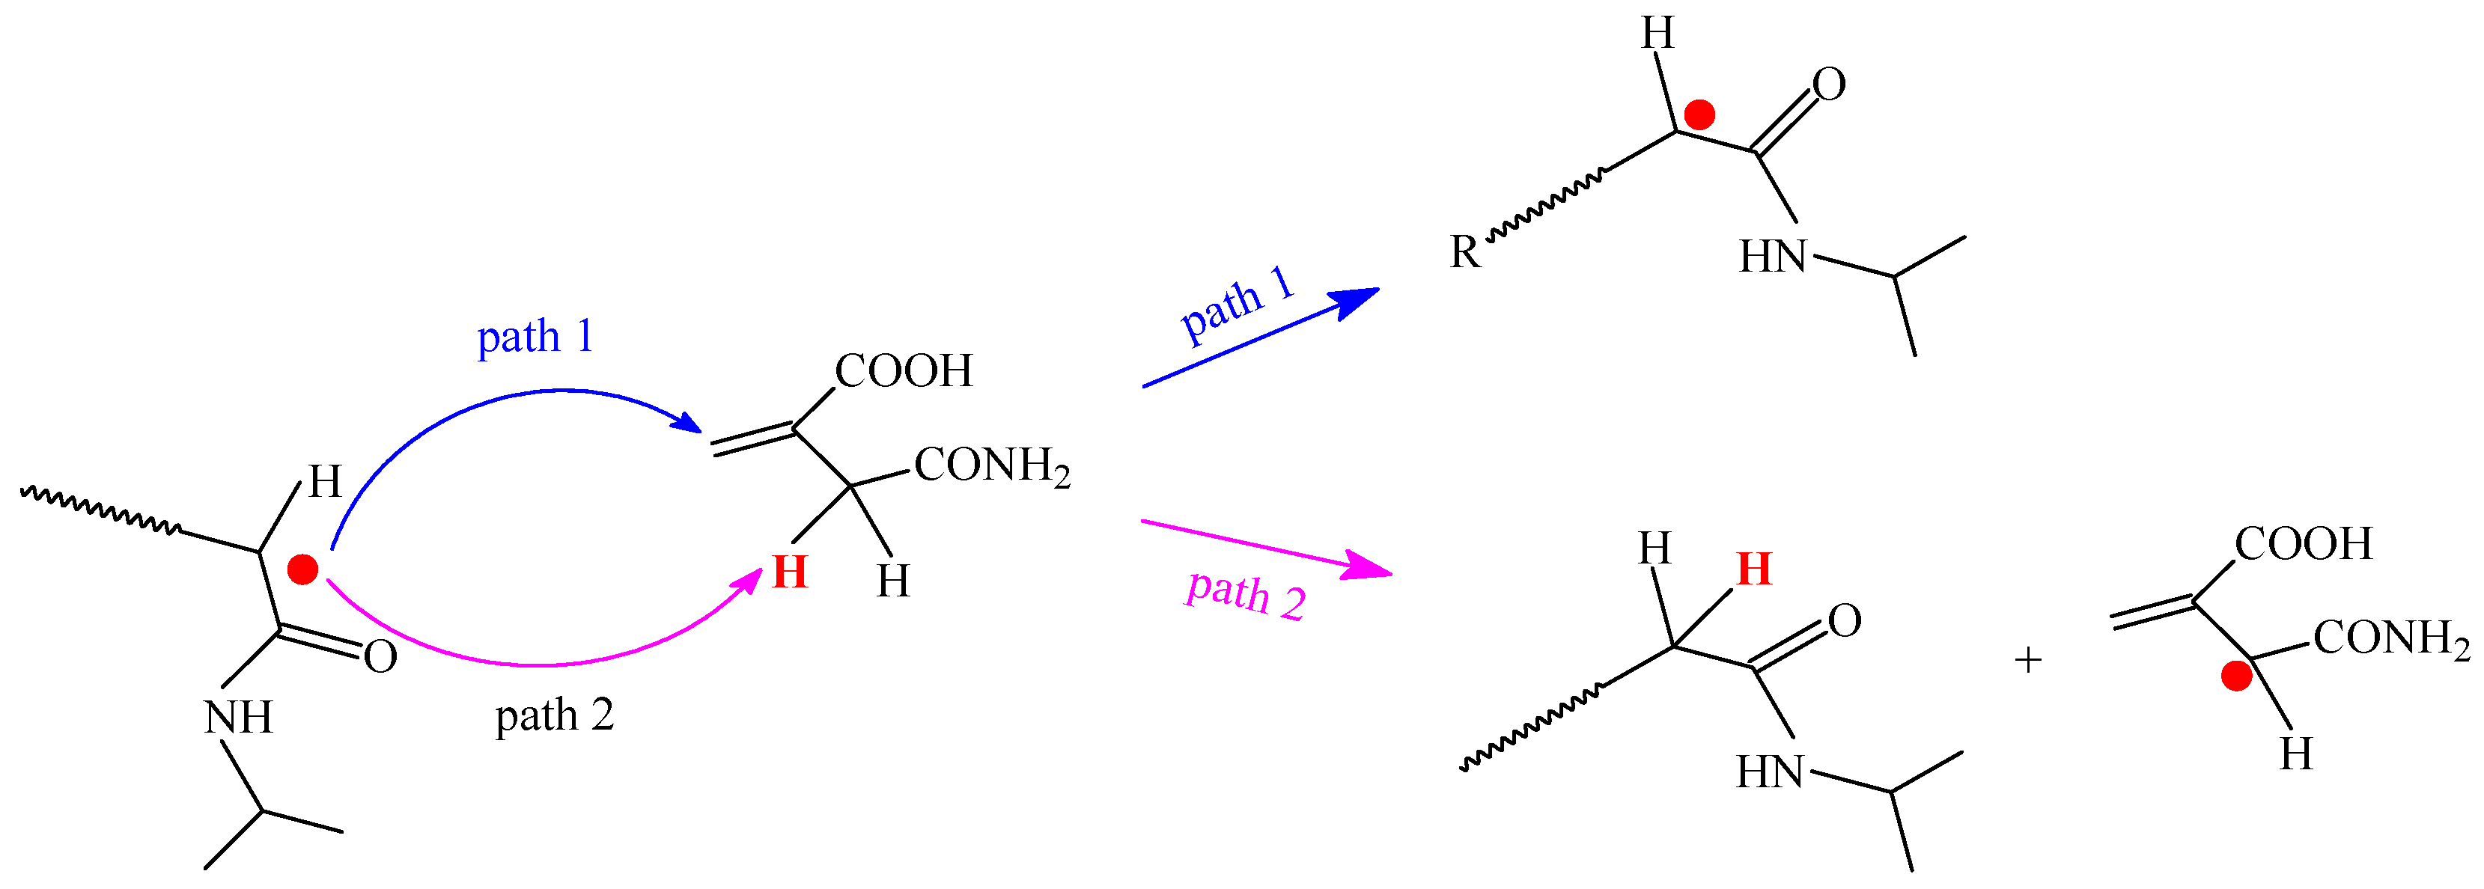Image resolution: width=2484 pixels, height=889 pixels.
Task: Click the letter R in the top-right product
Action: click(1465, 253)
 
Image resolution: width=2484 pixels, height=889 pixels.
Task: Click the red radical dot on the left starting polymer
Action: click(302, 570)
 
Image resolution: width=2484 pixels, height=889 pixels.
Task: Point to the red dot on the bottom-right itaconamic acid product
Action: click(2236, 676)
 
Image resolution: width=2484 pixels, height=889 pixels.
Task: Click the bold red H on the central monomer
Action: click(790, 572)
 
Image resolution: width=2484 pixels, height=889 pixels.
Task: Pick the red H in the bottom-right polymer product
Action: click(1754, 569)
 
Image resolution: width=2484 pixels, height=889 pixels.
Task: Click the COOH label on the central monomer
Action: click(904, 371)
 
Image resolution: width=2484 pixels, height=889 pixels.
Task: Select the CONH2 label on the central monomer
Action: click(991, 467)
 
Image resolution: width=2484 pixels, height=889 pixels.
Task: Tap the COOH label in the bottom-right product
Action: click(2304, 544)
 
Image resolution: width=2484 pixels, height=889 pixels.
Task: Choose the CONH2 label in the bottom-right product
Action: click(2391, 638)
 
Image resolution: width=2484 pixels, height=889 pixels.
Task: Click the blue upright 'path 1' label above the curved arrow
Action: click(535, 337)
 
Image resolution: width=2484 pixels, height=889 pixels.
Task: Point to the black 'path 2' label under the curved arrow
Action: click(555, 715)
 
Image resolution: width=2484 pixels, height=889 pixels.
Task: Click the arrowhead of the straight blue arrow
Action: click(1360, 298)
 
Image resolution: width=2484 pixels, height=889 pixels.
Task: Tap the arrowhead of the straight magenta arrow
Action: click(1372, 568)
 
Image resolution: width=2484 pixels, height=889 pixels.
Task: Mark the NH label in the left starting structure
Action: click(238, 718)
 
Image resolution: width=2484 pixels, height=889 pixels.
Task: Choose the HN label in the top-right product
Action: click(1772, 257)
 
